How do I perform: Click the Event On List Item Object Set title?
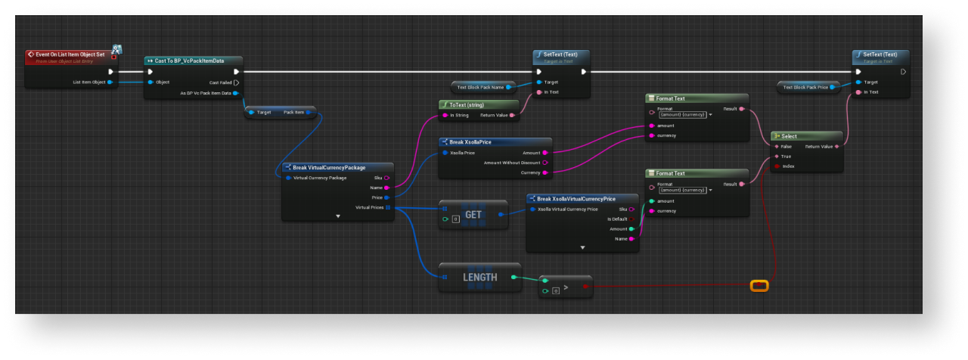[x=70, y=54]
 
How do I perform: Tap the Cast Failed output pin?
[x=237, y=82]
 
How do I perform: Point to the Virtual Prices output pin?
[x=388, y=207]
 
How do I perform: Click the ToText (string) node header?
[x=466, y=104]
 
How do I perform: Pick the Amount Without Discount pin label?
[x=511, y=162]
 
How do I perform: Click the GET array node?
[x=473, y=215]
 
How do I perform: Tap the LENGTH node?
[x=480, y=278]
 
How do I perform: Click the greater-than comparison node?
[x=565, y=287]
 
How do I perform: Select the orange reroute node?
[x=759, y=285]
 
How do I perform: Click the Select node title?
[x=789, y=136]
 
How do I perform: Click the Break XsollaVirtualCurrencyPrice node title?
[x=576, y=198]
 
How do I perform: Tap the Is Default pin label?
[x=618, y=219]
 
